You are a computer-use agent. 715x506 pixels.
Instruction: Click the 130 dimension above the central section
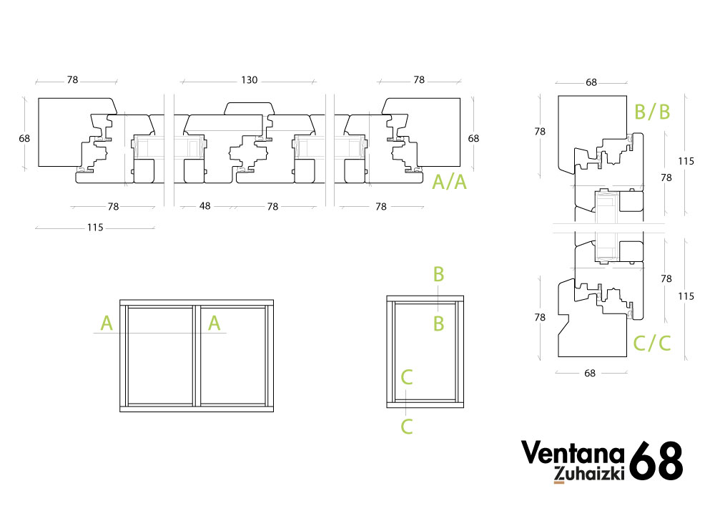coord(249,80)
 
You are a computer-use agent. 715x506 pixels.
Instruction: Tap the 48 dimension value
coord(204,206)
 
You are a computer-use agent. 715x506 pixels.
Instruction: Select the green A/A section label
coord(450,182)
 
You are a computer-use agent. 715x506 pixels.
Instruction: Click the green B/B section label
coord(652,112)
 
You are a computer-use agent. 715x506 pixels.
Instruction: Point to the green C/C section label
coord(652,343)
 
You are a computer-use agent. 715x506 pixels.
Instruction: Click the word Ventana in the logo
coord(573,452)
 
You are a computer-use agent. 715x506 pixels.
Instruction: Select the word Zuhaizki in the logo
coord(588,474)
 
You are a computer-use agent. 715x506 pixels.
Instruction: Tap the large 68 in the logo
coord(656,460)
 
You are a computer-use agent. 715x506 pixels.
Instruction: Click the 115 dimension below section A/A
coord(95,228)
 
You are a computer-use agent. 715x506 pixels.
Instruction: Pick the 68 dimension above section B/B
coord(591,82)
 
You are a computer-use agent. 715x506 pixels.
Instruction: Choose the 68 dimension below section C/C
coord(590,373)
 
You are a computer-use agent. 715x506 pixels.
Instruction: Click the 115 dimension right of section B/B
coord(686,161)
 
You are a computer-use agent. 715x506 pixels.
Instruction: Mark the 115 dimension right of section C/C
coord(686,296)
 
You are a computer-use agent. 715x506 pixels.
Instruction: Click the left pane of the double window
coord(160,356)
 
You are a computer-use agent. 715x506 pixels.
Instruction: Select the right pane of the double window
coord(233,356)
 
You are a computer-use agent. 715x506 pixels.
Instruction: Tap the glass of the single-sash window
coord(425,351)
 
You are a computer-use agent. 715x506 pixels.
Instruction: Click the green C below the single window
coord(407,427)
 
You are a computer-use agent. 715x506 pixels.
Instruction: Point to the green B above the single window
coord(438,275)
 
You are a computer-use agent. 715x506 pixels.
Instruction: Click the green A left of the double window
coord(107,323)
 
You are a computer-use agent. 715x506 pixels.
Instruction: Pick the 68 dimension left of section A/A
coord(24,138)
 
